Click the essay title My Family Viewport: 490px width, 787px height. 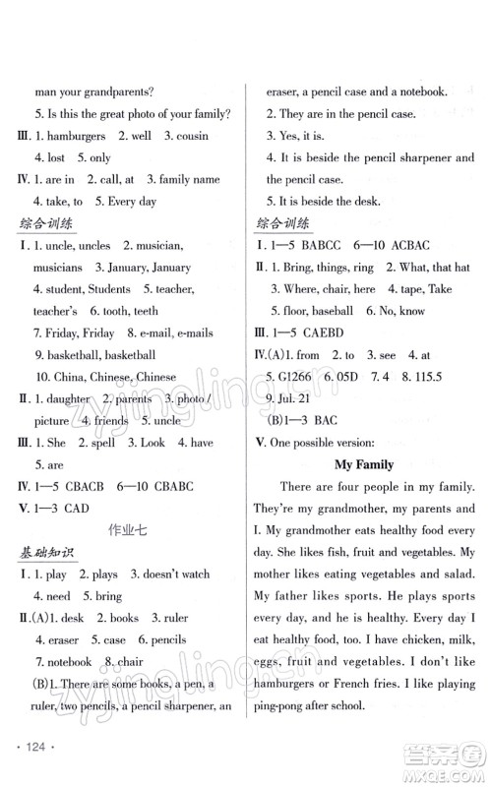point(364,463)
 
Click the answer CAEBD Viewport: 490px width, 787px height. point(330,333)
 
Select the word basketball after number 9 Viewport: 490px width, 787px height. point(71,354)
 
